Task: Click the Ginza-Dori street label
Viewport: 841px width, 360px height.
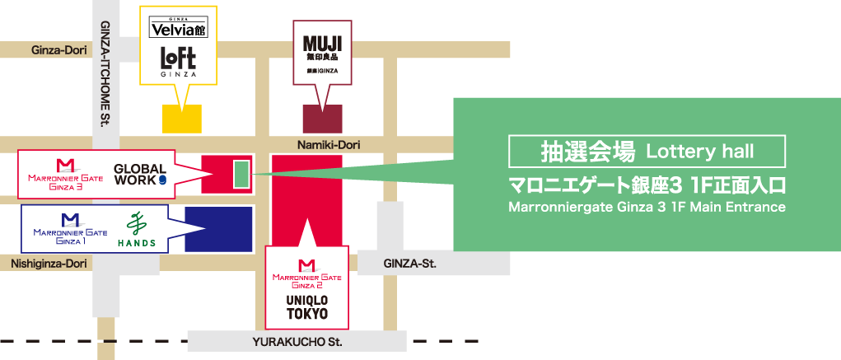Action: pyautogui.click(x=59, y=50)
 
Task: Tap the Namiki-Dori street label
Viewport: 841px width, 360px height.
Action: pyautogui.click(x=325, y=145)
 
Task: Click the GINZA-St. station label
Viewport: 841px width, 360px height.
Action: pyautogui.click(x=409, y=264)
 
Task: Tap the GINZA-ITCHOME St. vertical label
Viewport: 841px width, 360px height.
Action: pyautogui.click(x=105, y=74)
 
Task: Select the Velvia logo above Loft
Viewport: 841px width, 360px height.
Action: pyautogui.click(x=177, y=30)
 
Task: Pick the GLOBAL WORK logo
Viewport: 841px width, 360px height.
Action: pyautogui.click(x=140, y=173)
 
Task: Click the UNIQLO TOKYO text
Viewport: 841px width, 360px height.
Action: pyautogui.click(x=306, y=307)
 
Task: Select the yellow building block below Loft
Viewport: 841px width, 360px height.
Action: pyautogui.click(x=182, y=119)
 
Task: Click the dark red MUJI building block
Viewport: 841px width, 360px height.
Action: pyautogui.click(x=322, y=119)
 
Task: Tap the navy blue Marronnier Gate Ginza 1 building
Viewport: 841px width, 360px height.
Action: pyautogui.click(x=218, y=229)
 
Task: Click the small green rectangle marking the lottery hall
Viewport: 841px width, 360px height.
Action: pyautogui.click(x=241, y=174)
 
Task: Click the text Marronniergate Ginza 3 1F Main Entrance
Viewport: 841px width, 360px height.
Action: pyautogui.click(x=647, y=206)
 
